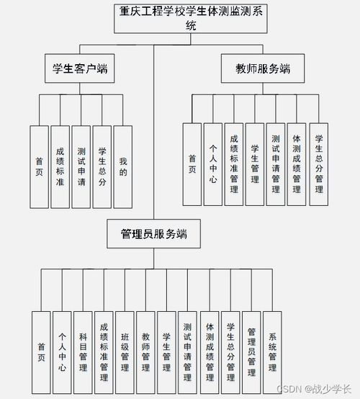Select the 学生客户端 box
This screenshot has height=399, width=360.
pyautogui.click(x=81, y=69)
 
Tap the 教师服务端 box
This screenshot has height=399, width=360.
pyautogui.click(x=263, y=69)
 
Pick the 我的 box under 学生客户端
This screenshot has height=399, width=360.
pyautogui.click(x=123, y=167)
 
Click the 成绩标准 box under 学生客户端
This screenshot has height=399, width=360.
pyautogui.click(x=60, y=167)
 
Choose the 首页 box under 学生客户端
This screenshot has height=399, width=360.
pyautogui.click(x=40, y=167)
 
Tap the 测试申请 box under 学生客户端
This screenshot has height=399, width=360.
pyautogui.click(x=81, y=167)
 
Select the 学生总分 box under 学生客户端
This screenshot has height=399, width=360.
pyautogui.click(x=102, y=167)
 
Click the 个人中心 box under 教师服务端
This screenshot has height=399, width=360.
pyautogui.click(x=212, y=164)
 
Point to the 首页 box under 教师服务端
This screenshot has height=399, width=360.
pyautogui.click(x=192, y=164)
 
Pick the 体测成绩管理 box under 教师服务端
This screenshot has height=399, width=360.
pyautogui.click(x=297, y=164)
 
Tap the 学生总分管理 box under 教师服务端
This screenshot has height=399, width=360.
pyautogui.click(x=318, y=164)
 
